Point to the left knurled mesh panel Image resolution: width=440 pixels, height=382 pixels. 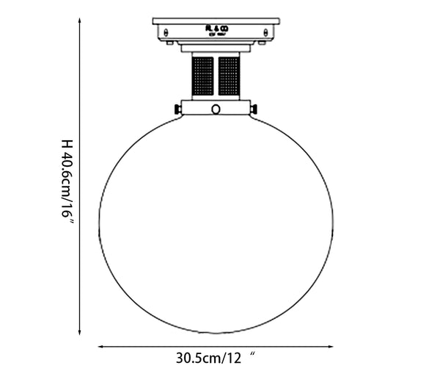pyautogui.click(x=203, y=76)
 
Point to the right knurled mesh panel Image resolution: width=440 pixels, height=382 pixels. pyautogui.click(x=229, y=76)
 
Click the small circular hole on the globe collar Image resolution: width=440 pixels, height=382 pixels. pyautogui.click(x=216, y=109)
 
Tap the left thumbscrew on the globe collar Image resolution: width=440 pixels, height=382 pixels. pyautogui.click(x=177, y=109)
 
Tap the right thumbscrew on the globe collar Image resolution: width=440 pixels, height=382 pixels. pyautogui.click(x=254, y=109)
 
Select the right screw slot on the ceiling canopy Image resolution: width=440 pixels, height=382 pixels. pyautogui.click(x=265, y=32)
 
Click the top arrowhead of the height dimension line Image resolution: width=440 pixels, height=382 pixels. pyautogui.click(x=78, y=22)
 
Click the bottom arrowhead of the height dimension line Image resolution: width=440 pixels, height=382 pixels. pyautogui.click(x=78, y=333)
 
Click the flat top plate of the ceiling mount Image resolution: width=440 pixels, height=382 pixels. pyautogui.click(x=216, y=20)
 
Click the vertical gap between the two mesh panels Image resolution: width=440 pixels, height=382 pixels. pyautogui.click(x=216, y=76)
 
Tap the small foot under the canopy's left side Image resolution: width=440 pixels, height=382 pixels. pyautogui.click(x=170, y=43)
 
